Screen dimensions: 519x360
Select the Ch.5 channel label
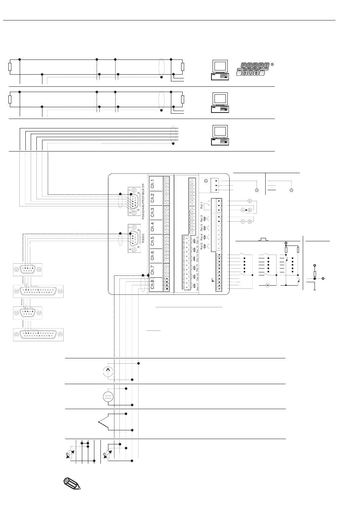pyautogui.click(x=152, y=241)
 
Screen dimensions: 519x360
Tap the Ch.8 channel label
pyautogui.click(x=152, y=284)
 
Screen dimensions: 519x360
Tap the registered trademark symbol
pyautogui.click(x=272, y=64)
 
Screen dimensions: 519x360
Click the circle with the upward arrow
pyautogui.click(x=108, y=371)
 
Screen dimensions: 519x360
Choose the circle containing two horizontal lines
pyautogui.click(x=108, y=397)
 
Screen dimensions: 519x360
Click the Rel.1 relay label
pyautogui.click(x=202, y=206)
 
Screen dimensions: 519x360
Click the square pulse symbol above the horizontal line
pyautogui.click(x=263, y=239)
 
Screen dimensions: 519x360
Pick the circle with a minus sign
pyautogui.click(x=267, y=285)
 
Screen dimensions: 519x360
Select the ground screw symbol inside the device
pyautogui.click(x=205, y=181)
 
